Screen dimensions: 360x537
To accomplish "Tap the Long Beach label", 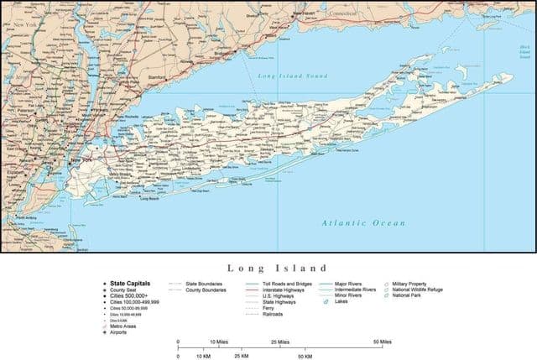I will click(149, 199).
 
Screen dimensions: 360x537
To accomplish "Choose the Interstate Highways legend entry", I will click(283, 290).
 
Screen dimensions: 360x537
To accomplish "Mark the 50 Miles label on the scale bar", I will click(382, 342).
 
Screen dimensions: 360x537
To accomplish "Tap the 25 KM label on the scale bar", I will click(242, 356).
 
